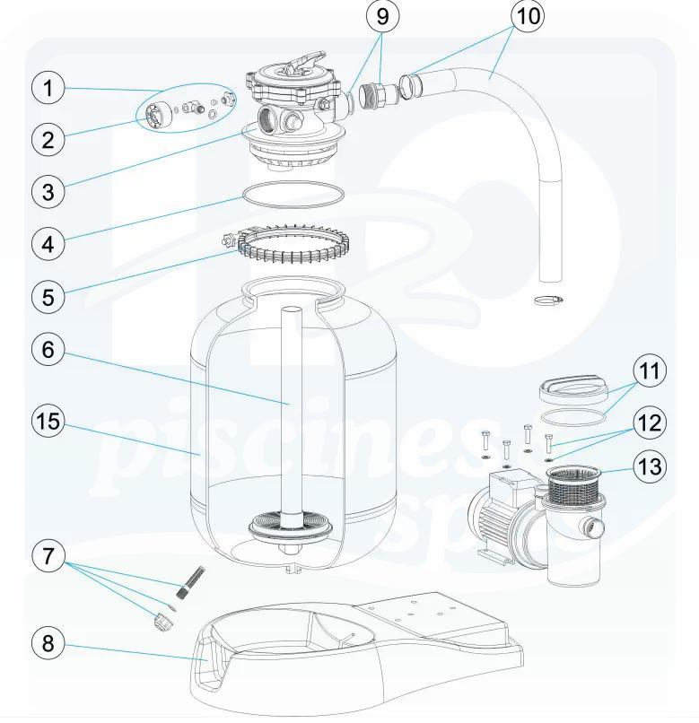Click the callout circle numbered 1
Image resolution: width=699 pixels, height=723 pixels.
pos(48,88)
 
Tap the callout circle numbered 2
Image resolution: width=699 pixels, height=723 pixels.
pos(48,139)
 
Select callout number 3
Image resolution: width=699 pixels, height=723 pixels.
pos(48,190)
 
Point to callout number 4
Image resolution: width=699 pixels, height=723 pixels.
pos(48,242)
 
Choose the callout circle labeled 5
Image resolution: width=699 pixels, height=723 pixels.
pos(48,295)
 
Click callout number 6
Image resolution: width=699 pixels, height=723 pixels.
pos(48,350)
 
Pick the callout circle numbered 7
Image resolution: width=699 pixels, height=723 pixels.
pos(48,555)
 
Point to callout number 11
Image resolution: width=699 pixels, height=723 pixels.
pos(651,371)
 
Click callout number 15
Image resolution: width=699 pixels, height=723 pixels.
pos(48,422)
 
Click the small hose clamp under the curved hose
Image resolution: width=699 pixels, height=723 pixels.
pos(549,301)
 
